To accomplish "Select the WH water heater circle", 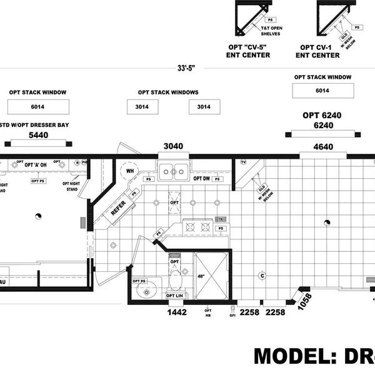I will click(x=131, y=171).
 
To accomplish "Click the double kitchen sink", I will click(x=173, y=170).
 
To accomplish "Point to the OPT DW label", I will click(x=201, y=179).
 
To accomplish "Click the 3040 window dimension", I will click(x=173, y=146).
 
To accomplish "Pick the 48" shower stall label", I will click(x=201, y=275).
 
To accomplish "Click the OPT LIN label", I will click(x=174, y=296).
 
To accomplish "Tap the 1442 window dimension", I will click(x=177, y=312).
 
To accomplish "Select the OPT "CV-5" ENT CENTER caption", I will click(x=248, y=51).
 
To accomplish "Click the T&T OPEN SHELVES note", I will click(x=270, y=31).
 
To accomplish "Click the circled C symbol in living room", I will click(x=262, y=276).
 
